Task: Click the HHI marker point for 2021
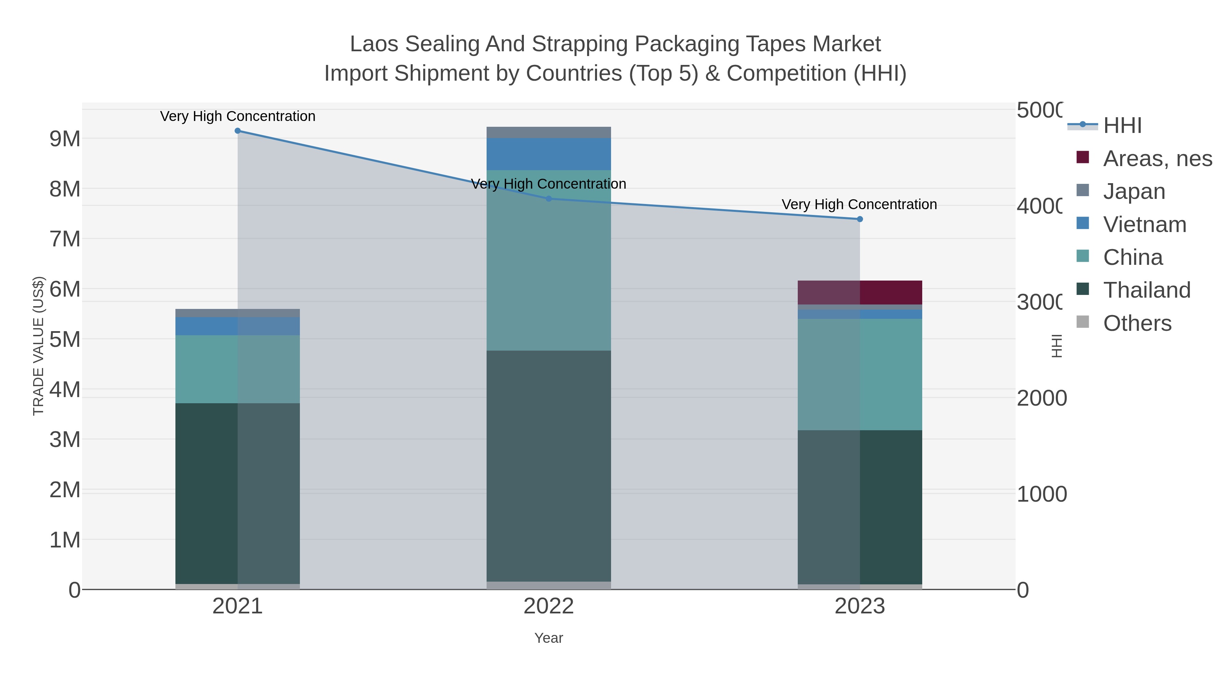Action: click(x=238, y=131)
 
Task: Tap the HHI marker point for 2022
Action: click(x=548, y=199)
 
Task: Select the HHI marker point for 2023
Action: click(x=860, y=219)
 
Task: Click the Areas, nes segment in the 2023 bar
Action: click(x=860, y=292)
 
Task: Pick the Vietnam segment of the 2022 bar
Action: click(x=548, y=154)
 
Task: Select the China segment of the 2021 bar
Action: click(x=238, y=369)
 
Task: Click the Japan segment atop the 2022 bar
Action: click(x=548, y=132)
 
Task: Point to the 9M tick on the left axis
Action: click(x=65, y=139)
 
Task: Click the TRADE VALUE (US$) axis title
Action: click(x=38, y=346)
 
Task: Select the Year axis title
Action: click(x=548, y=638)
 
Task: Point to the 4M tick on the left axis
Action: click(x=65, y=390)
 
